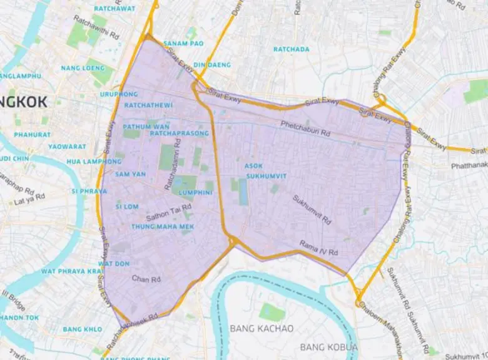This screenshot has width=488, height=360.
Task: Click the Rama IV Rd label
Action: point(319,247)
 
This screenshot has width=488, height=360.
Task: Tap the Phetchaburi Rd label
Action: point(305,128)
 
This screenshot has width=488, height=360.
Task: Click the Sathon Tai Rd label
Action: point(163,214)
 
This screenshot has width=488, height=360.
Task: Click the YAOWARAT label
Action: point(68,147)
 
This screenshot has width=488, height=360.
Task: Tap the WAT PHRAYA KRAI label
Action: point(71,271)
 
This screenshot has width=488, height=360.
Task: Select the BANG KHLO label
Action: point(82,329)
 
